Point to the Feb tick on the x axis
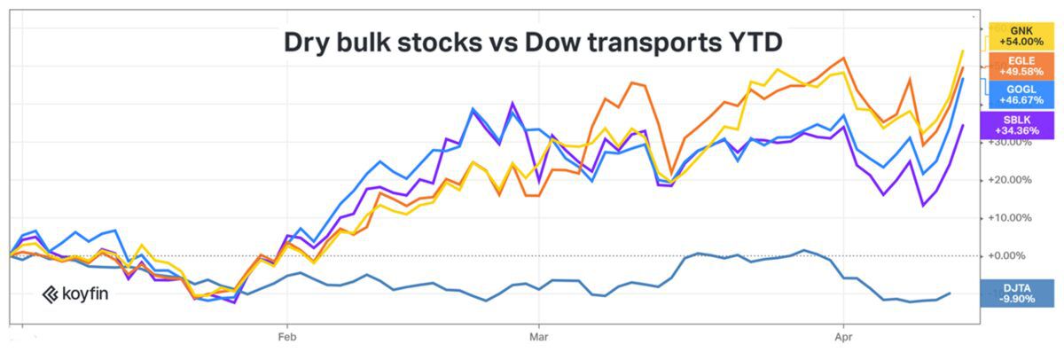click(286, 337)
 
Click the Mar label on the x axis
click(536, 337)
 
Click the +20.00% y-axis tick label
click(1011, 180)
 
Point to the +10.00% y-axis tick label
click(1011, 217)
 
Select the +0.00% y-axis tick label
click(1012, 255)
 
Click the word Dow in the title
click(557, 42)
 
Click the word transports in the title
click(654, 42)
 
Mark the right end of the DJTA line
click(951, 293)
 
